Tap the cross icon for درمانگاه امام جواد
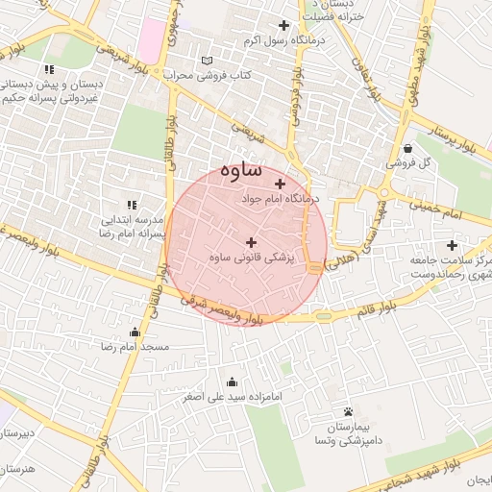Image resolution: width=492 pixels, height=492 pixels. pyautogui.click(x=280, y=184)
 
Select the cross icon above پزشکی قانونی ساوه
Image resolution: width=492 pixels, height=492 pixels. pyautogui.click(x=252, y=243)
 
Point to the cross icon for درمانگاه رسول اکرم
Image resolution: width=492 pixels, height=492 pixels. pyautogui.click(x=283, y=26)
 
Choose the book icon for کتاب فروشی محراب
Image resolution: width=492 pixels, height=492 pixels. pyautogui.click(x=207, y=60)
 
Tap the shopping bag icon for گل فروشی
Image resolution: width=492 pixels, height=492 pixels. pyautogui.click(x=409, y=149)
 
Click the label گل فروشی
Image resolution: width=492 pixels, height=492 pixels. pyautogui.click(x=409, y=163)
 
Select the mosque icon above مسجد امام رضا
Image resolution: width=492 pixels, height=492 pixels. pyautogui.click(x=134, y=332)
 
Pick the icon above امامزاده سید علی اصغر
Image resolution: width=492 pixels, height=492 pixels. pyautogui.click(x=231, y=381)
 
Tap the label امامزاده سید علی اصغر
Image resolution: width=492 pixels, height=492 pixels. pyautogui.click(x=231, y=396)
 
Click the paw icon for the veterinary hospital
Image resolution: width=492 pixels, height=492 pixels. pyautogui.click(x=347, y=411)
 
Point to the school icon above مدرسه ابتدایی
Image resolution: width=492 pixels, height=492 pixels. pyautogui.click(x=133, y=205)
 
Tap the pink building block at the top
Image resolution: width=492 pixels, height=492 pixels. pyautogui.click(x=152, y=37)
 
